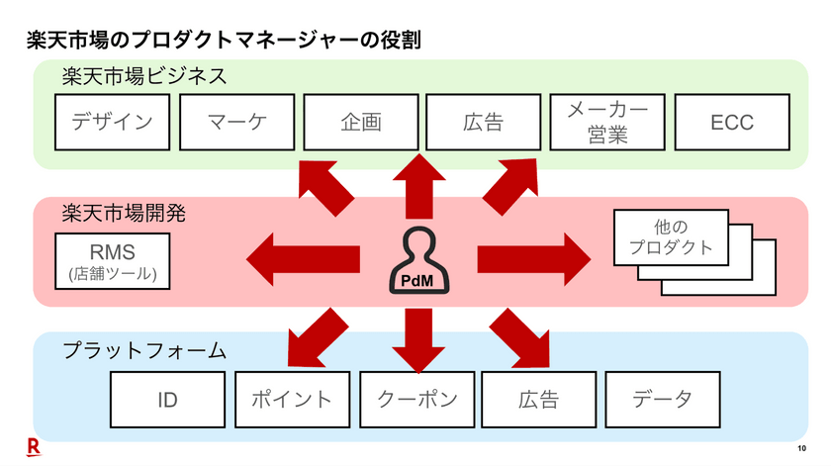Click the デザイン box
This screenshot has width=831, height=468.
(113, 123)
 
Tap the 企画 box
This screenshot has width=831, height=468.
(360, 123)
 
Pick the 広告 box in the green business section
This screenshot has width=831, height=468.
(483, 123)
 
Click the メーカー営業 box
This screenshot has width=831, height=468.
(607, 123)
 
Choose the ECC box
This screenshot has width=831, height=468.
(731, 123)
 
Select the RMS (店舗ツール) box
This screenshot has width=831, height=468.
(113, 261)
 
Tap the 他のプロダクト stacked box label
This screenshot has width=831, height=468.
(670, 238)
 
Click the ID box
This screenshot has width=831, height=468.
(168, 400)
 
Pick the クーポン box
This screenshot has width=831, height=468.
(416, 400)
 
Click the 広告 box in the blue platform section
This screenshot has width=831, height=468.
(539, 400)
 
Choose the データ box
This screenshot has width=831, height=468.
(662, 400)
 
